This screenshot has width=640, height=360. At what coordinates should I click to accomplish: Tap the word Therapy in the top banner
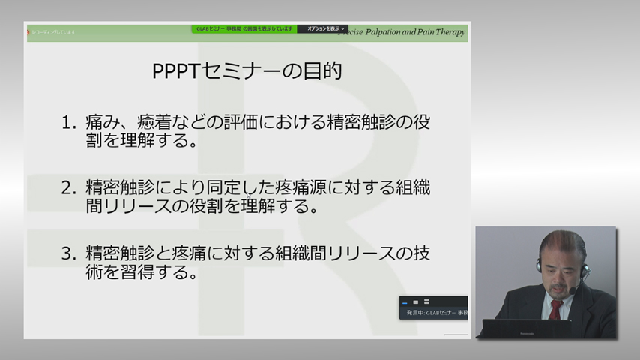point(453,32)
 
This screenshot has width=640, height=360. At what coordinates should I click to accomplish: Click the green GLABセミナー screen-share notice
point(244,29)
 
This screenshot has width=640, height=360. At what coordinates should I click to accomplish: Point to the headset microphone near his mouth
point(573,289)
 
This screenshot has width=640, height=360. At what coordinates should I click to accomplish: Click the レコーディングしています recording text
point(52,32)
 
